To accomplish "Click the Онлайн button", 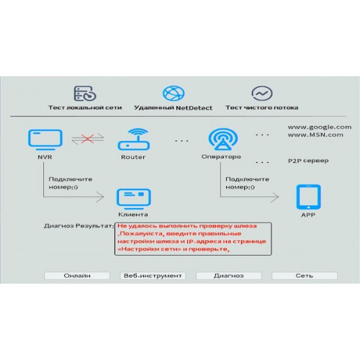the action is click(x=77, y=276).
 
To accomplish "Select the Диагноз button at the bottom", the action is click(x=229, y=276).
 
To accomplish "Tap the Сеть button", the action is click(x=305, y=276).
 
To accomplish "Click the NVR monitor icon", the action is click(x=45, y=140).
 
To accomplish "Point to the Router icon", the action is click(x=134, y=139).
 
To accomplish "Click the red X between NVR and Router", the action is click(x=87, y=139).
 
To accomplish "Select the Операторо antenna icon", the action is click(x=223, y=139).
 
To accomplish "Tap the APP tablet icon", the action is click(x=308, y=197).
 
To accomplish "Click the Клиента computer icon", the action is click(x=134, y=199).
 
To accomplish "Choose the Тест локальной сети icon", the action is click(x=85, y=94).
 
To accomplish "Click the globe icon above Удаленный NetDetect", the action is click(x=174, y=94).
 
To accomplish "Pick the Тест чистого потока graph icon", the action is click(x=262, y=94).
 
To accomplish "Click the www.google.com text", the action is click(x=320, y=127).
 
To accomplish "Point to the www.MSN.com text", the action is click(x=315, y=135).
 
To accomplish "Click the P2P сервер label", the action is click(x=308, y=161).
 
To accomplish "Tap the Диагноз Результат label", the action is click(x=78, y=226).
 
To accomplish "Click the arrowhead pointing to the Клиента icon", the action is click(x=100, y=197).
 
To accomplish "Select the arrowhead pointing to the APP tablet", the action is click(x=275, y=197).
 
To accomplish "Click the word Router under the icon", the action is click(x=133, y=157).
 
